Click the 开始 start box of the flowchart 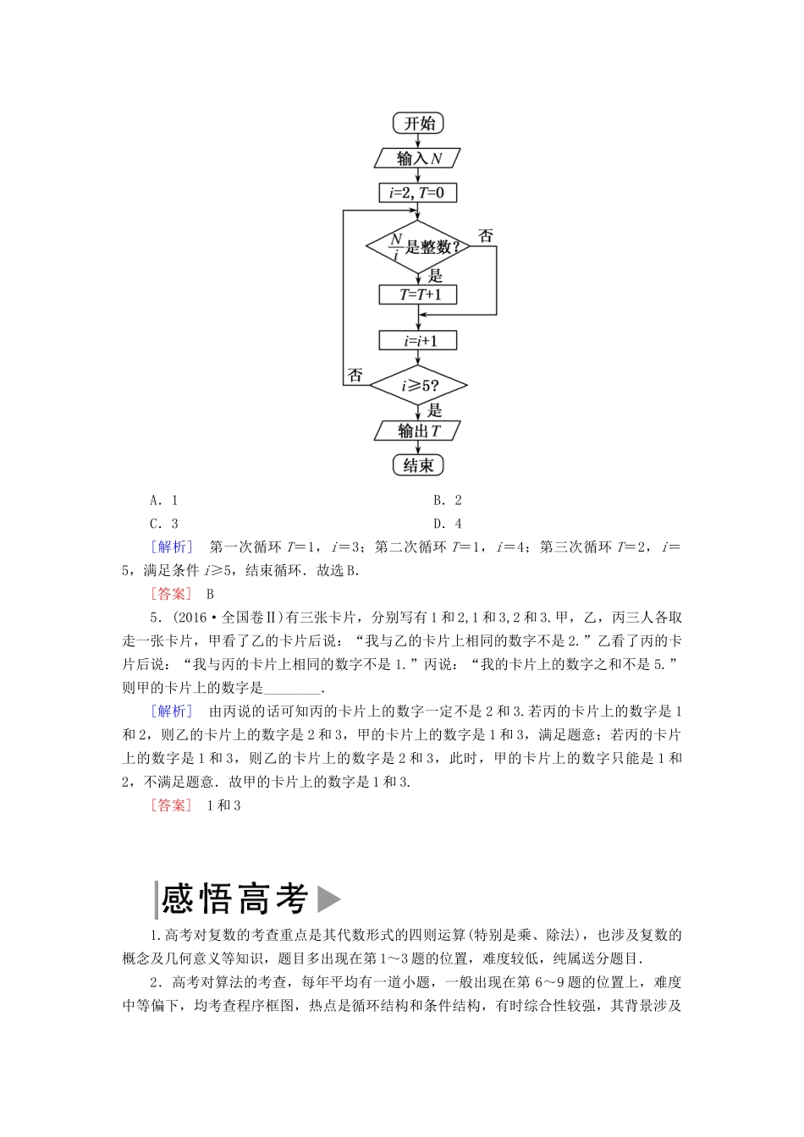(x=418, y=124)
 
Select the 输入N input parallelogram (x=418, y=158)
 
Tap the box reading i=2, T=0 (x=417, y=193)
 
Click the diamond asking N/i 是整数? (x=418, y=247)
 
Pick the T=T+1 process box (x=417, y=294)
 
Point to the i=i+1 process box (x=418, y=340)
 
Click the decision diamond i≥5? (x=418, y=387)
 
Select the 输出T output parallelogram (x=418, y=431)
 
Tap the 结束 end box (x=418, y=465)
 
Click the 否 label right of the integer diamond (x=486, y=236)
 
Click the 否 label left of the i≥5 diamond (x=355, y=375)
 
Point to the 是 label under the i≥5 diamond (x=434, y=410)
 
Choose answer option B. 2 (x=447, y=500)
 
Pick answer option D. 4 (x=447, y=524)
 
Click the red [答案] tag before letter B (x=171, y=594)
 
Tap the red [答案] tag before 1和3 (x=171, y=805)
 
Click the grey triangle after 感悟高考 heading (x=328, y=898)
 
